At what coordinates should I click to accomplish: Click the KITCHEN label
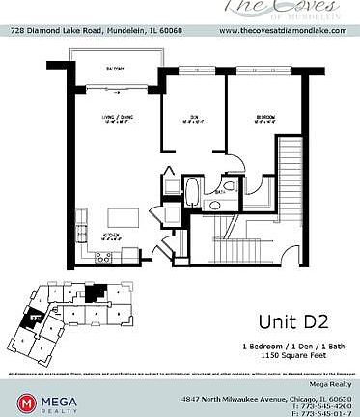click(x=112, y=235)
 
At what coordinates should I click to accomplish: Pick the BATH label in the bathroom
click(x=220, y=193)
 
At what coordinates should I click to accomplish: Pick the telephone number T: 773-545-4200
click(x=318, y=405)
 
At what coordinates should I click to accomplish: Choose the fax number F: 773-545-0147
click(x=318, y=413)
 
